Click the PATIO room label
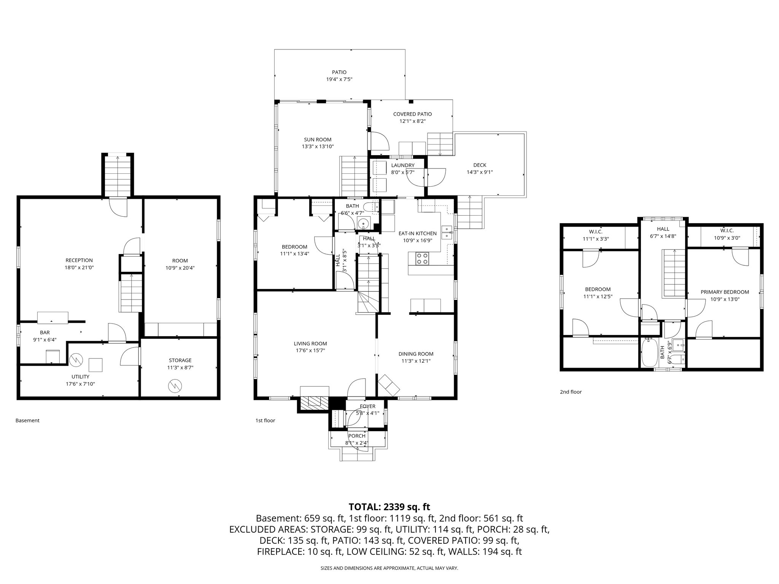point(339,72)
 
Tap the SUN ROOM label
point(317,140)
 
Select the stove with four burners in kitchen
point(422,259)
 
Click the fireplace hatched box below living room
point(313,403)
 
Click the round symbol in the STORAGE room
point(175,386)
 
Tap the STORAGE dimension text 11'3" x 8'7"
point(180,368)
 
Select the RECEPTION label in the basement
point(79,260)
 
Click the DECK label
point(480,165)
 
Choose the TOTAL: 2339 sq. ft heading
point(389,507)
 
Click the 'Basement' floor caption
point(27,421)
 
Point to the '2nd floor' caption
point(571,392)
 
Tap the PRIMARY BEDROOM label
point(725,292)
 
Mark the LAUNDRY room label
point(402,165)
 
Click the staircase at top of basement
point(118,176)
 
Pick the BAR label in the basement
point(45,333)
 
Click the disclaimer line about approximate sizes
point(389,568)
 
